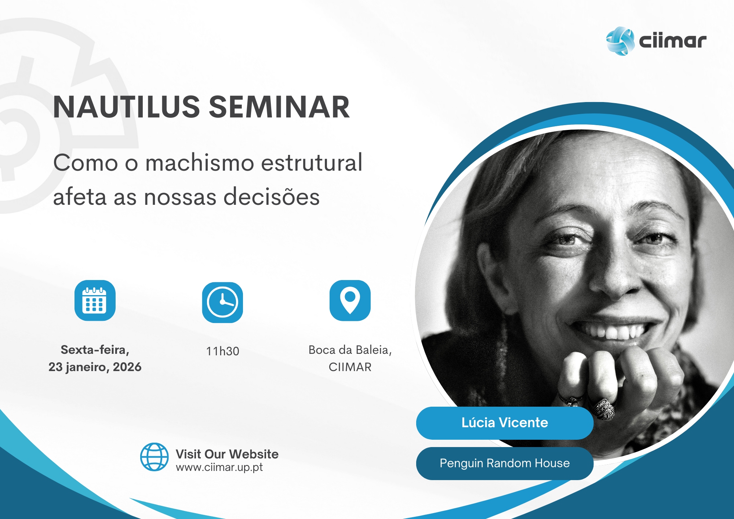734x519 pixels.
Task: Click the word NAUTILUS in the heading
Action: coord(126,107)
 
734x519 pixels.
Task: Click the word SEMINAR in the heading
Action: coord(279,107)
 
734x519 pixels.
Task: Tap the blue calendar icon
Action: coord(95,300)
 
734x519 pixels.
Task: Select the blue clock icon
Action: coord(222,302)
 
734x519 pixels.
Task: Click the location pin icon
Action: coord(350,300)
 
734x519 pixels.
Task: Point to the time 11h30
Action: coord(222,351)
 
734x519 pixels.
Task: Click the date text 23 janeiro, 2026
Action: coord(95,367)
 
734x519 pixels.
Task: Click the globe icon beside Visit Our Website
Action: coord(155,457)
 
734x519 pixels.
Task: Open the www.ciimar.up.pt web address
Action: coord(219,468)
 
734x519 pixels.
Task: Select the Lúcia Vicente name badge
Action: coord(505,423)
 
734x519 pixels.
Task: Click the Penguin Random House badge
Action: coord(505,463)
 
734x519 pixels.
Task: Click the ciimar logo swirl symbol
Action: coord(620,41)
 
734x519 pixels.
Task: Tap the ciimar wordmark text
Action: coord(673,40)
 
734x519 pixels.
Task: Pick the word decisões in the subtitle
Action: coord(272,197)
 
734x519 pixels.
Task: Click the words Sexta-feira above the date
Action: coord(95,350)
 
